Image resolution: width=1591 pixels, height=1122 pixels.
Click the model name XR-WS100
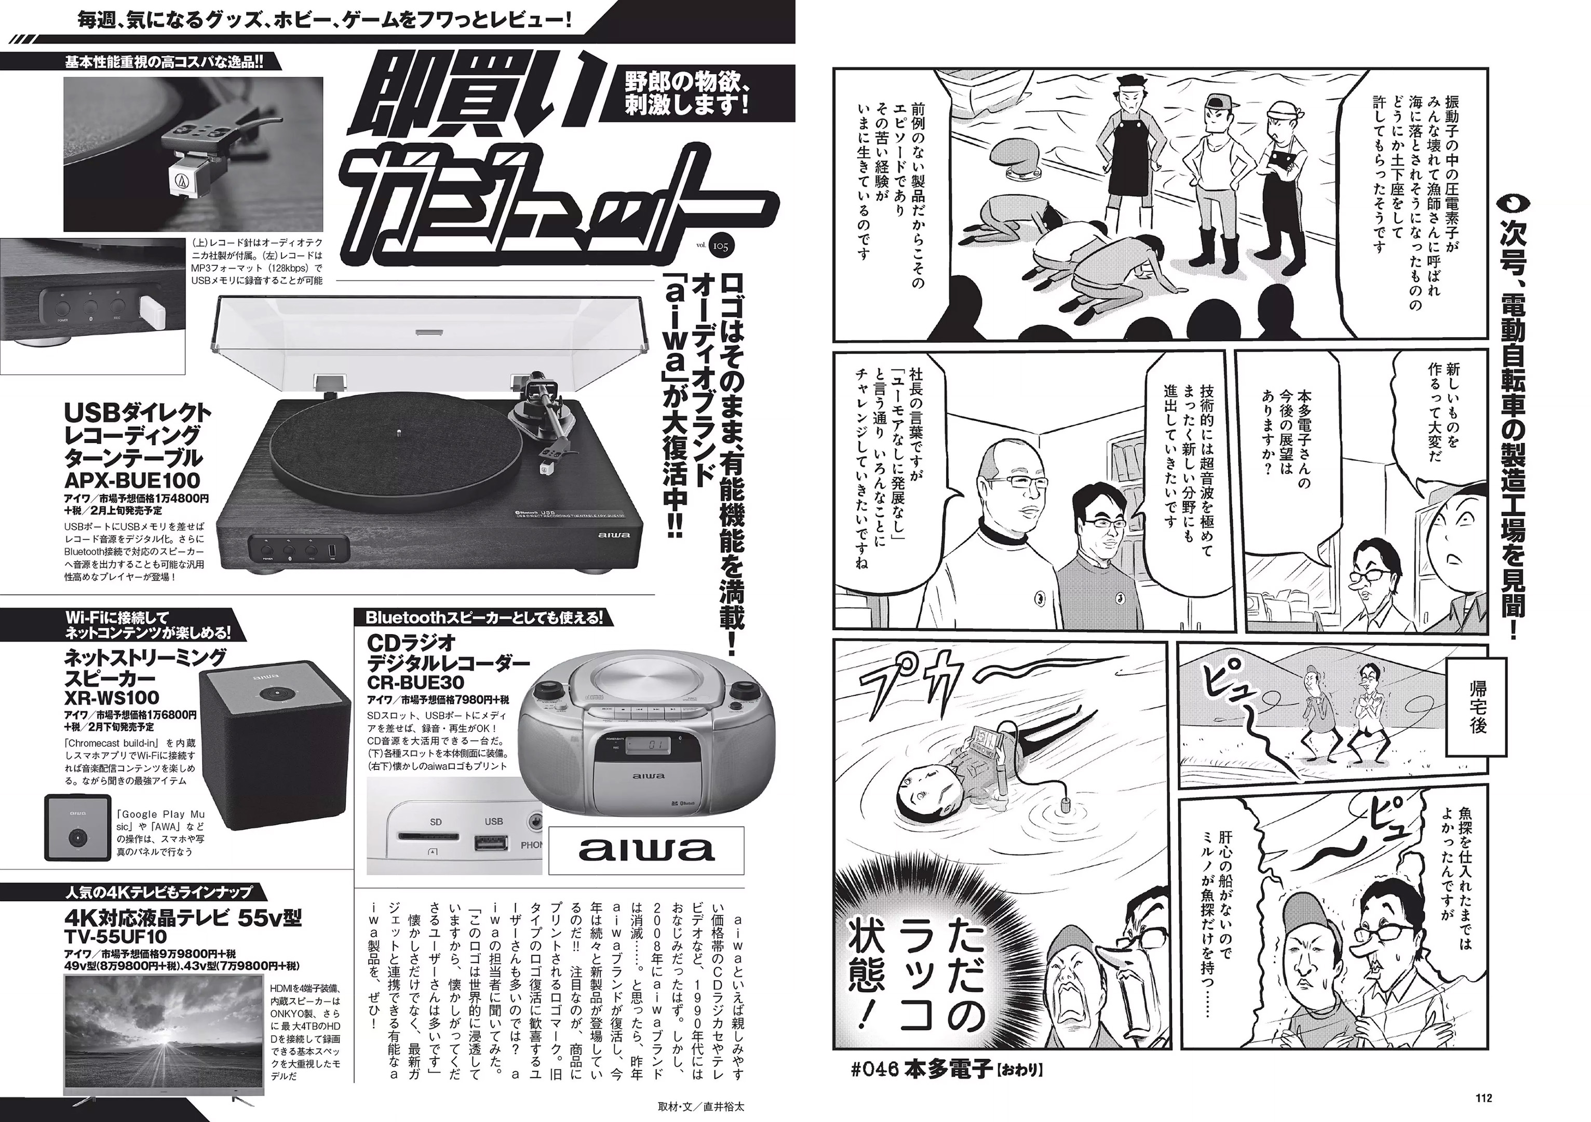112,697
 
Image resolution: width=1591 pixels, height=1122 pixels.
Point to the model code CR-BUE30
416,683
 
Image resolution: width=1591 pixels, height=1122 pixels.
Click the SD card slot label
435,822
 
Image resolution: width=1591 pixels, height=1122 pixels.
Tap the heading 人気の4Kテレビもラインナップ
159,891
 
